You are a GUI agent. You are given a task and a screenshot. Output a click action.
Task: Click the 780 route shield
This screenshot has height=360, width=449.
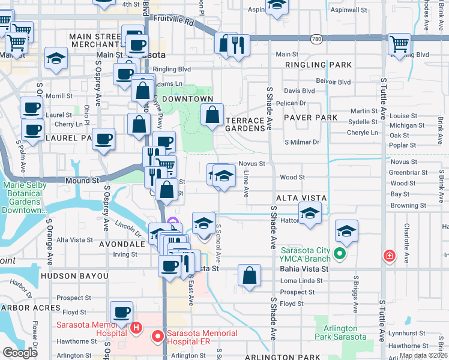coord(316,39)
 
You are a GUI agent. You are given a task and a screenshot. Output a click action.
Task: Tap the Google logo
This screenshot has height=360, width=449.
coord(20,353)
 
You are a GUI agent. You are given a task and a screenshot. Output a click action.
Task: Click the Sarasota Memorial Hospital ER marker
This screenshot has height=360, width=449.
coord(158,337)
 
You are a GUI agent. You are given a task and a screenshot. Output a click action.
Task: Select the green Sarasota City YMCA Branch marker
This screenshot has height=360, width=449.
coord(340,254)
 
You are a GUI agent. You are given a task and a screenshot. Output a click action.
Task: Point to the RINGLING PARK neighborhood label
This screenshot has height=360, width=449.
coord(318,64)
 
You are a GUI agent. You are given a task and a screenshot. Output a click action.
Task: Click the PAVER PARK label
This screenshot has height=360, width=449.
coord(311,118)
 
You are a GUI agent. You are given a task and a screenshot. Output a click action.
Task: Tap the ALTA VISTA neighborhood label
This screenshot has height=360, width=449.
coord(301,198)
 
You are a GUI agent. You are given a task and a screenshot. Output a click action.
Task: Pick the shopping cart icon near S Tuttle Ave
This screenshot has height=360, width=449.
coord(399,44)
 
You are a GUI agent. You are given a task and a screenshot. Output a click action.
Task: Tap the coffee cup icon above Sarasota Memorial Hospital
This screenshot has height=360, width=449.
coord(122,312)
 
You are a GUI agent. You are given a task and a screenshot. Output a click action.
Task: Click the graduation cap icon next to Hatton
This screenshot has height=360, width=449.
coord(310,213)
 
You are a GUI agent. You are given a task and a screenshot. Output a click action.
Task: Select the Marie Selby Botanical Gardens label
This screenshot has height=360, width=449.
coord(25,198)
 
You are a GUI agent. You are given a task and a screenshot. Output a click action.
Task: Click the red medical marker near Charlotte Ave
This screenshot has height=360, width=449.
coord(390,256)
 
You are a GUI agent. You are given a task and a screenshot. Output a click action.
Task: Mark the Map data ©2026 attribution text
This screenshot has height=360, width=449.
coord(423,355)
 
